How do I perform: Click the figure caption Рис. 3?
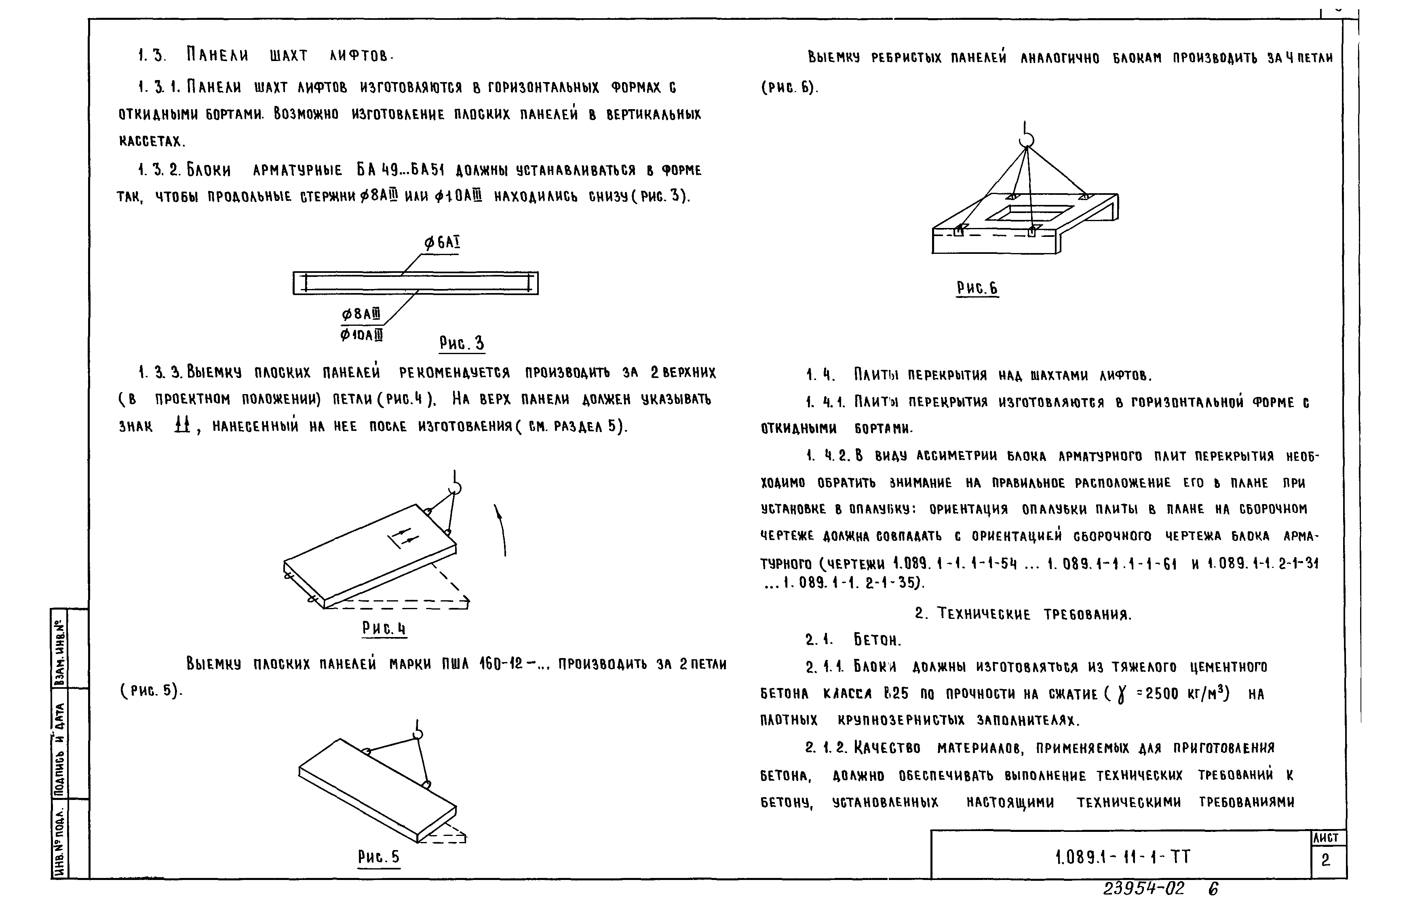point(462,344)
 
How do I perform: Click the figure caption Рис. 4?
point(384,629)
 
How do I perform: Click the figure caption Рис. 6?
point(977,289)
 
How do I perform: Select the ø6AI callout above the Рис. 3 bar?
point(442,243)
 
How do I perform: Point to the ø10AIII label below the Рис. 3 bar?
point(361,335)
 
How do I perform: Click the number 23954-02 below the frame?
point(1143,889)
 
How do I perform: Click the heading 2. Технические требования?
point(1023,614)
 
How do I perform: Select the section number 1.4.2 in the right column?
point(827,456)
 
